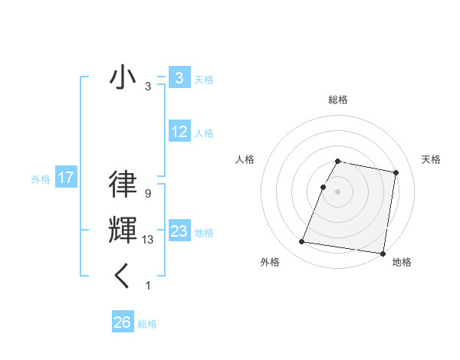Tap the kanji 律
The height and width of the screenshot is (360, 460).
pos(123,185)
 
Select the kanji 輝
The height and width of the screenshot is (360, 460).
pos(123,231)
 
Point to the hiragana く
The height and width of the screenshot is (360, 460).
pos(123,276)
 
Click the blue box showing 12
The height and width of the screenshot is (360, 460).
pos(179,132)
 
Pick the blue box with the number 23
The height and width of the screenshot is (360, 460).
pos(179,231)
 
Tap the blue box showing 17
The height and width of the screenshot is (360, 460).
pos(66,178)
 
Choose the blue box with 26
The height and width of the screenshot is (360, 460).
pos(123,322)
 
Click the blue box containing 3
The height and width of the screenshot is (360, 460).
pos(179,77)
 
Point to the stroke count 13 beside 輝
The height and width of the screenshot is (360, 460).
pos(148,240)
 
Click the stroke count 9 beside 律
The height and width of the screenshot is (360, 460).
pos(147,194)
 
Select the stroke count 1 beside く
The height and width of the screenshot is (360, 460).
pos(147,286)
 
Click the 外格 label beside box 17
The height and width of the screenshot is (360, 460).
pos(41,179)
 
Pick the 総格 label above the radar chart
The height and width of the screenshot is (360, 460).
pos(338,100)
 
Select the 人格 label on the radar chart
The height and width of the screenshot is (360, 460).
pos(245,159)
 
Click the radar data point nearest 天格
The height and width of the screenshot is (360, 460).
pos(396,173)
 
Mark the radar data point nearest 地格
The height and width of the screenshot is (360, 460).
pos(382,253)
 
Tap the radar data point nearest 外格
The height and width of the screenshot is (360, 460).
pos(302,242)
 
